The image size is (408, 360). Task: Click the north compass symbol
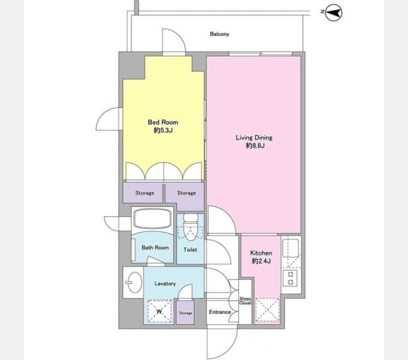tap(334, 13)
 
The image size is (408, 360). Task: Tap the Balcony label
tap(220, 34)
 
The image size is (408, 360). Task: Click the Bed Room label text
tap(163, 122)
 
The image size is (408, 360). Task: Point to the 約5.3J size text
tap(163, 130)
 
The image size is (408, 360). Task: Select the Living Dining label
tap(254, 137)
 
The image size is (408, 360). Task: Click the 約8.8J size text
tap(255, 146)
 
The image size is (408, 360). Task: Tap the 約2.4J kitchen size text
tap(261, 261)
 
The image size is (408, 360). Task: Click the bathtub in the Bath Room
tap(152, 218)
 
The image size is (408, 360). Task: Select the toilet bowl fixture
tap(191, 227)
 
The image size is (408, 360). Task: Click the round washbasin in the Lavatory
tap(135, 282)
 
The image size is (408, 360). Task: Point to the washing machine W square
tap(159, 311)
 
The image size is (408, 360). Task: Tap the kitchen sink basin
tap(291, 248)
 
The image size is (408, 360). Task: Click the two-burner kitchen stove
tap(291, 278)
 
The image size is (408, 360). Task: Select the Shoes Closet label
tap(245, 301)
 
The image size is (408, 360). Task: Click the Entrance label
tap(220, 312)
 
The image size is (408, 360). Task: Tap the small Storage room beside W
tap(185, 313)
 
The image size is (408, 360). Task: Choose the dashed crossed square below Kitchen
tap(267, 310)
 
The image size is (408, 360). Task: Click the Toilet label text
tap(190, 250)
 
